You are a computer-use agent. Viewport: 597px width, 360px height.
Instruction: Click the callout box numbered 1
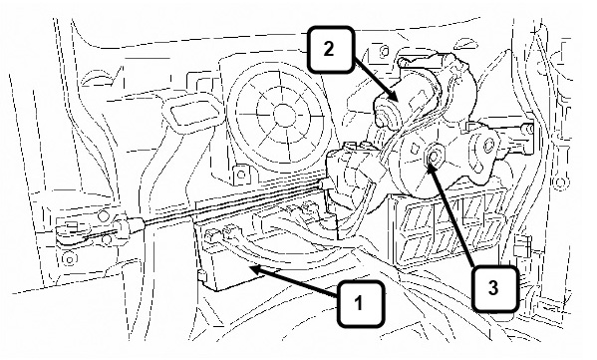(x=361, y=303)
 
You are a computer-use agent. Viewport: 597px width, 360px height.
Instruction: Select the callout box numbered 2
(x=330, y=49)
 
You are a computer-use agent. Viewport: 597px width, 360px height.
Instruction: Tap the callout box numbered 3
(x=494, y=288)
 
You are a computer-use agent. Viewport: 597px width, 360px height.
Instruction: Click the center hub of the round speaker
(x=281, y=115)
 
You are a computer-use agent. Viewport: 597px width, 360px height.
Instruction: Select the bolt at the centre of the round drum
(x=434, y=156)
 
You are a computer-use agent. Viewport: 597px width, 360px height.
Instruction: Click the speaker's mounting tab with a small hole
(x=240, y=175)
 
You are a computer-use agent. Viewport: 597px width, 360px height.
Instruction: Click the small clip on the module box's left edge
(x=201, y=276)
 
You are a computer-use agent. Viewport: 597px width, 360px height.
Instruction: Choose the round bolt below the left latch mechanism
(x=70, y=259)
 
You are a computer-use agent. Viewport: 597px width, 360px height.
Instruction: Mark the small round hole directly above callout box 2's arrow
(x=384, y=50)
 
